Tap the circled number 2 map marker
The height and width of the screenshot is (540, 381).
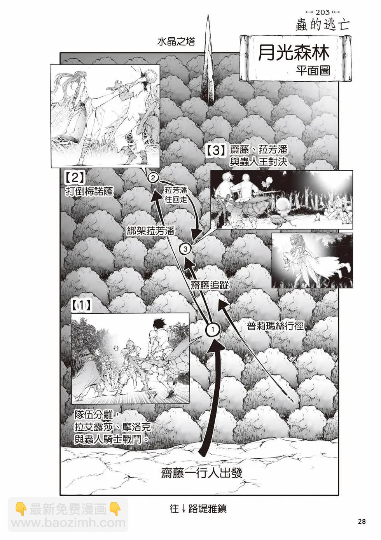153,178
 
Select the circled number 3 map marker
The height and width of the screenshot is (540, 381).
185,249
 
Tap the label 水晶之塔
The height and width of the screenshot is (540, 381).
176,42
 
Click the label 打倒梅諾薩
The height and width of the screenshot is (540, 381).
89,192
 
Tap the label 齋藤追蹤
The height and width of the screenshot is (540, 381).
209,285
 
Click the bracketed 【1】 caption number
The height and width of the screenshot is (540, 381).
81,306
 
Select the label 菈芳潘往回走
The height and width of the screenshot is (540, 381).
176,195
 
